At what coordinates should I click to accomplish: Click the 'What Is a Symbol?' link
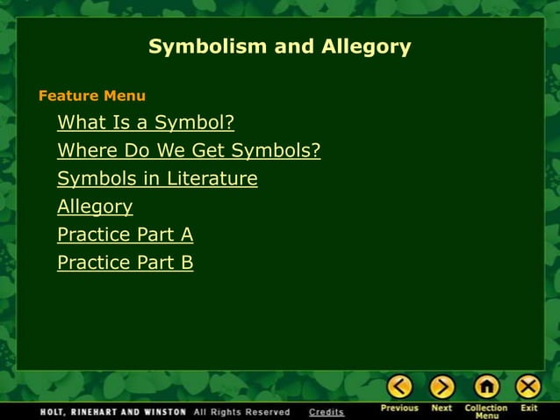pos(146,122)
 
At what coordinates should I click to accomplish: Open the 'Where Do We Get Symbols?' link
pos(189,150)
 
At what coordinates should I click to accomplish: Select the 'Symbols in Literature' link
pos(157,178)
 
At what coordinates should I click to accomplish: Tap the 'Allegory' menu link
pos(95,206)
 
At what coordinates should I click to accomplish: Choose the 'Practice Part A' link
pos(125,235)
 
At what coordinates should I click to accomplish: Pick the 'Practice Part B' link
pos(125,263)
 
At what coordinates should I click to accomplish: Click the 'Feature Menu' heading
pos(92,96)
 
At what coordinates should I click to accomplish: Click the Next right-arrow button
pos(442,386)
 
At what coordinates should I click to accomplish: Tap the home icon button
pos(485,386)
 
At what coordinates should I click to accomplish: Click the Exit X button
pos(528,386)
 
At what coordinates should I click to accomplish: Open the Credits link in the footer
pos(327,411)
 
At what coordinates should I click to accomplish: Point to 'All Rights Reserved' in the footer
pos(241,411)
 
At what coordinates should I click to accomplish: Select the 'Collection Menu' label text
pos(485,411)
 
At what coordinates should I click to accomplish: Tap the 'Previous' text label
pos(399,408)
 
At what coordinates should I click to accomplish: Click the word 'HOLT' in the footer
pos(54,411)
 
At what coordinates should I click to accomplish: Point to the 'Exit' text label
pos(528,408)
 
